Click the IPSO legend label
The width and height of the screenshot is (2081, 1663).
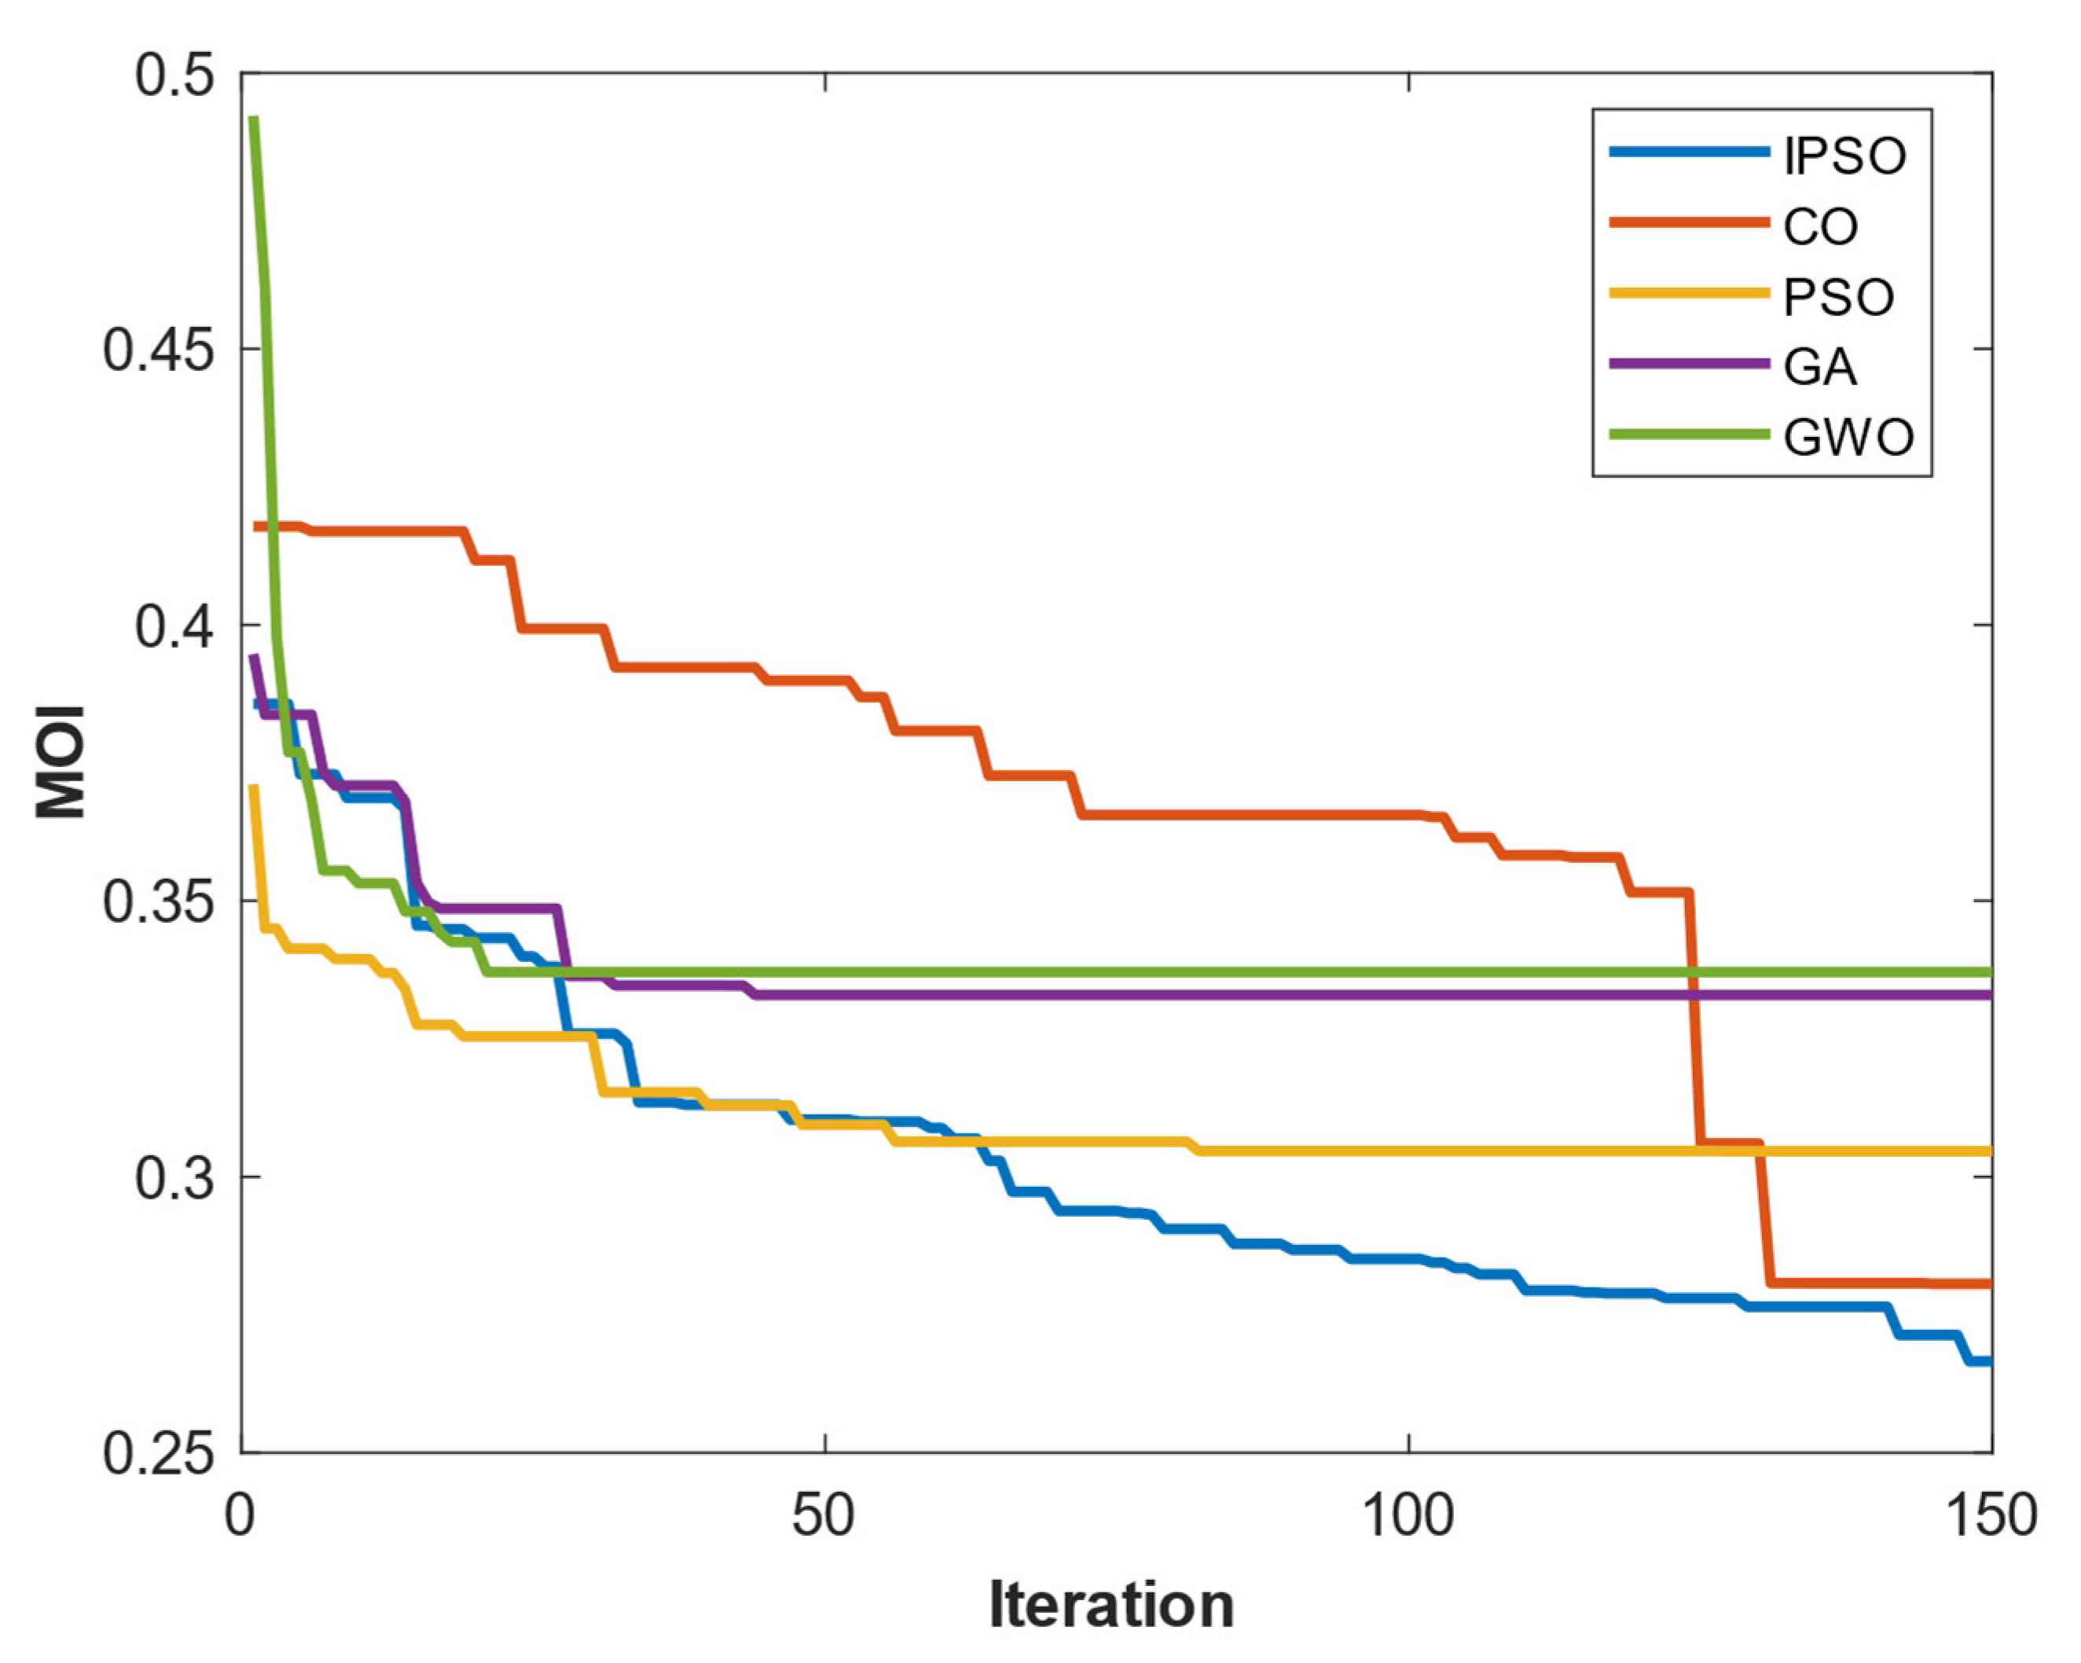(x=1844, y=156)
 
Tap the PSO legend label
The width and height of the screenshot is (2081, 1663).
(x=1837, y=297)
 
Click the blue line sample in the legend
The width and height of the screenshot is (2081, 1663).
(x=1689, y=152)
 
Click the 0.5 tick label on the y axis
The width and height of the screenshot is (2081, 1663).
(x=174, y=75)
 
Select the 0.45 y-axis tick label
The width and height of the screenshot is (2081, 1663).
(x=157, y=350)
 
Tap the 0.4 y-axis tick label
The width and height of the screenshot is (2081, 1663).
(x=174, y=626)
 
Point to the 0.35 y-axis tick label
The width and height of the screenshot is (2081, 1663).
(x=157, y=901)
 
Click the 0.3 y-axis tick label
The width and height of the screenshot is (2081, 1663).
(x=174, y=1177)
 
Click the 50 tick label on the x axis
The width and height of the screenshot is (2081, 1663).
(x=824, y=1515)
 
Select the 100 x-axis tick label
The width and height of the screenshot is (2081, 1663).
(x=1408, y=1515)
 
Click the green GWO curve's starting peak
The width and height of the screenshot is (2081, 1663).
(x=254, y=119)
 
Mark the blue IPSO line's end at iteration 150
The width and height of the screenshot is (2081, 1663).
(x=1988, y=1361)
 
